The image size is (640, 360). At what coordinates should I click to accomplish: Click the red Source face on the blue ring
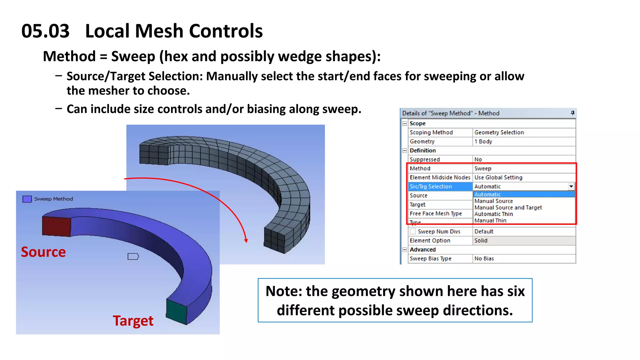pyautogui.click(x=57, y=227)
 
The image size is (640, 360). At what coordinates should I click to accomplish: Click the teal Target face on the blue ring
pyautogui.click(x=177, y=311)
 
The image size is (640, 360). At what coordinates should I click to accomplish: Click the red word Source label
pyautogui.click(x=43, y=252)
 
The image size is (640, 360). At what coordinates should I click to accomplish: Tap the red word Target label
pyautogui.click(x=133, y=321)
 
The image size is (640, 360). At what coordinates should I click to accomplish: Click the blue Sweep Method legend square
pyautogui.click(x=27, y=199)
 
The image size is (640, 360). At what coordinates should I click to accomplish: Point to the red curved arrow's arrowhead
pyautogui.click(x=246, y=240)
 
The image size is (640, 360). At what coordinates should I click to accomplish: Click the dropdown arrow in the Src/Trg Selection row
pyautogui.click(x=571, y=187)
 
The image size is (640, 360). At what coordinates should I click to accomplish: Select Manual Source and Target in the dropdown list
pyautogui.click(x=508, y=207)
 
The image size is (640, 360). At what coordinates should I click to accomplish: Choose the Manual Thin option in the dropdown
pyautogui.click(x=490, y=221)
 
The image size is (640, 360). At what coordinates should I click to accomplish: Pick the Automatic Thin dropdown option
pyautogui.click(x=493, y=214)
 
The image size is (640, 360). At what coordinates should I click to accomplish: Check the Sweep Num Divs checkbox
pyautogui.click(x=413, y=232)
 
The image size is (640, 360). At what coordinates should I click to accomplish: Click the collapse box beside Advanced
pyautogui.click(x=405, y=250)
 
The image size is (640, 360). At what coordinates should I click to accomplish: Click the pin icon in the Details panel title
pyautogui.click(x=572, y=113)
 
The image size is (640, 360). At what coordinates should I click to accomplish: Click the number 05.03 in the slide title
pyautogui.click(x=45, y=31)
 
